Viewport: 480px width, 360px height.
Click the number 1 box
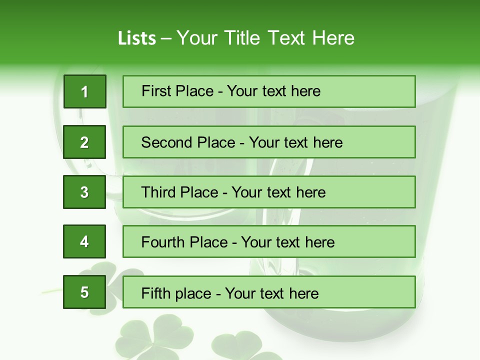(84, 91)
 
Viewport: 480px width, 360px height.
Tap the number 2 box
(84, 142)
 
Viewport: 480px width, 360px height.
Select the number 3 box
(84, 192)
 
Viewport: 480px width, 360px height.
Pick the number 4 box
(84, 242)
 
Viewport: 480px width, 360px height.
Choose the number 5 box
(84, 292)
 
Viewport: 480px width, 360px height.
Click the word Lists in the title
(137, 38)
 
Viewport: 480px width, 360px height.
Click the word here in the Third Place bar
(311, 192)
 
